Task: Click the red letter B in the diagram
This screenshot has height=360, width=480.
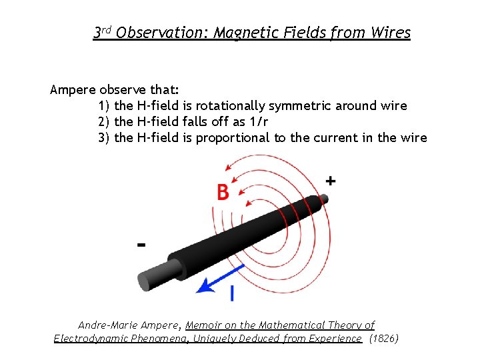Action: click(x=223, y=192)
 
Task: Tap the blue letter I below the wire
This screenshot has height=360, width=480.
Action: click(x=231, y=293)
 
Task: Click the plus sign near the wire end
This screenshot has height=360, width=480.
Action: click(x=331, y=181)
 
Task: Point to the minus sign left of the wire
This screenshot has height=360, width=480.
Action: click(x=141, y=245)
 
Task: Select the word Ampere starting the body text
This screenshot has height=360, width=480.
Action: click(x=73, y=89)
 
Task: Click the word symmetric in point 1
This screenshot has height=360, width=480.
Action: click(x=307, y=105)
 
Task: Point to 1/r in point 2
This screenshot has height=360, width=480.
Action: click(x=259, y=121)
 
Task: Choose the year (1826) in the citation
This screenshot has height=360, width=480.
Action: click(x=384, y=339)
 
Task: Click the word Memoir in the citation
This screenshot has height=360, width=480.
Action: click(x=203, y=325)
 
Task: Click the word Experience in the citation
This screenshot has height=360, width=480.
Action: click(x=333, y=339)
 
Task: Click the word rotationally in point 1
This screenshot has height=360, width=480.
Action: click(x=232, y=105)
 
